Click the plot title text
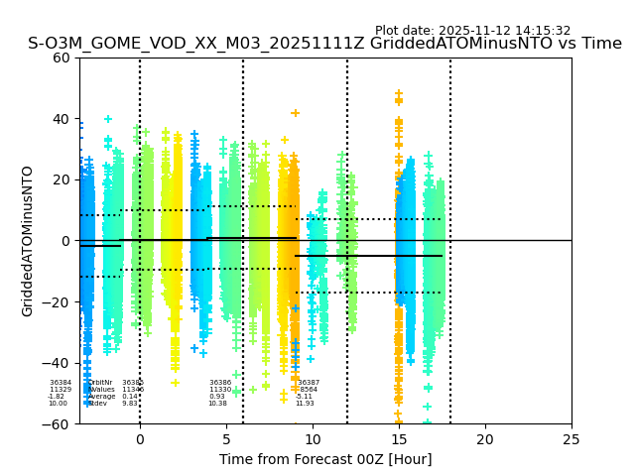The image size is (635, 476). tap(324, 44)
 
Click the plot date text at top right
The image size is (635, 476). tap(472, 31)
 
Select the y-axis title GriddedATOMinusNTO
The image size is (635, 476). tap(28, 241)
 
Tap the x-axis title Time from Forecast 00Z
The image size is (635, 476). tap(325, 459)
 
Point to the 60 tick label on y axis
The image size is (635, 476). tap(63, 58)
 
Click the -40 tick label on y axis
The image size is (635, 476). tap(59, 363)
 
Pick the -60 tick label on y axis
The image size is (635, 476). tap(59, 423)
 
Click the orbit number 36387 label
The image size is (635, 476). tap(309, 383)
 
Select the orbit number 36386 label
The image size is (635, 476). tap(220, 383)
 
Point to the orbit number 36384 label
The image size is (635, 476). tap(61, 383)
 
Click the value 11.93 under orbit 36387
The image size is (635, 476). tap(305, 404)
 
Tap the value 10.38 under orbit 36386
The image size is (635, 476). tap(217, 404)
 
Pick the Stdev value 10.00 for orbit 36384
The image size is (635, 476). tap(59, 404)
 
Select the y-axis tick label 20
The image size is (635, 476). tap(63, 179)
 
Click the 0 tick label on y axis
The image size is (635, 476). tap(66, 241)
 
